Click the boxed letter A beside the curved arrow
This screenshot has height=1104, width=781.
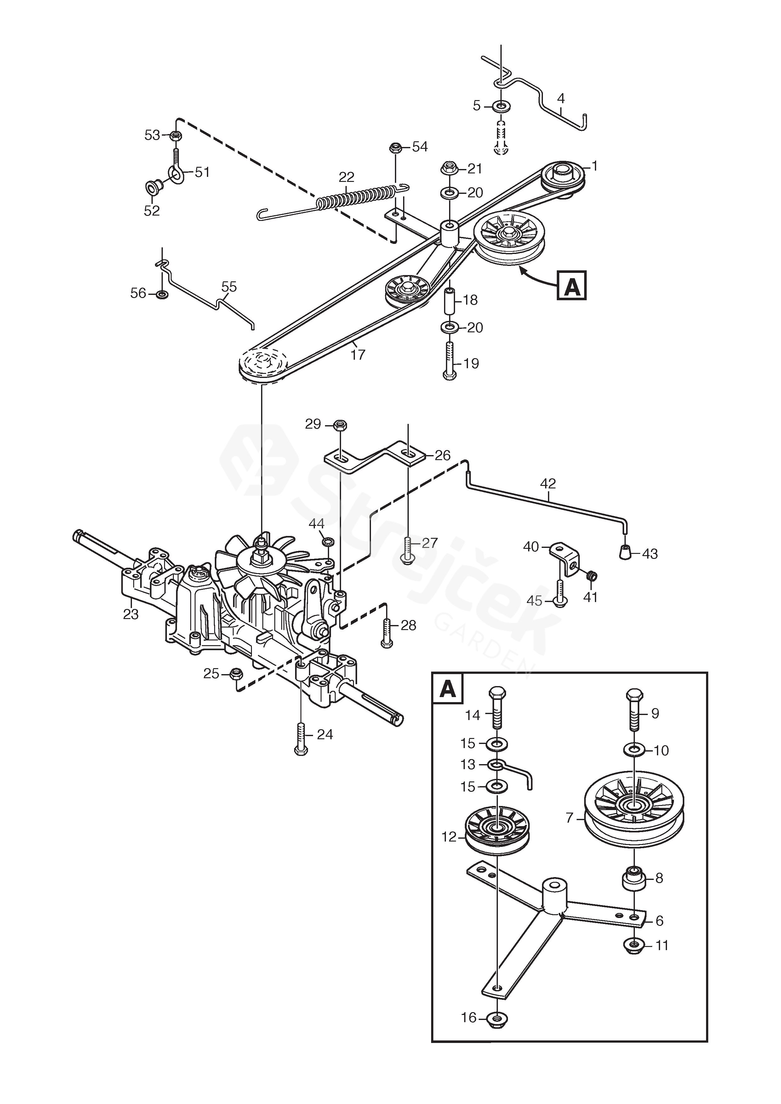[x=572, y=286]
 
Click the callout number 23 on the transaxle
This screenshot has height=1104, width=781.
[x=131, y=614]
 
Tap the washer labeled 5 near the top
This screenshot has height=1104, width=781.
[x=502, y=105]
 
